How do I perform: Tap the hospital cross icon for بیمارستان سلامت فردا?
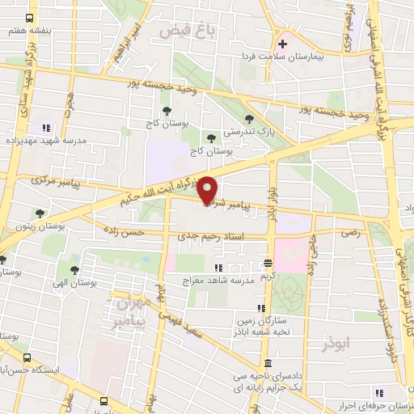[x=282, y=44]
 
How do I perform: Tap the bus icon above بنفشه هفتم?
[x=30, y=18]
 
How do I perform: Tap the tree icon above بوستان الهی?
[x=74, y=271]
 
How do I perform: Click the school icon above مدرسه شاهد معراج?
[x=218, y=268]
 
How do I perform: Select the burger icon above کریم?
[x=268, y=264]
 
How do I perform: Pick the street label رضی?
[x=351, y=230]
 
